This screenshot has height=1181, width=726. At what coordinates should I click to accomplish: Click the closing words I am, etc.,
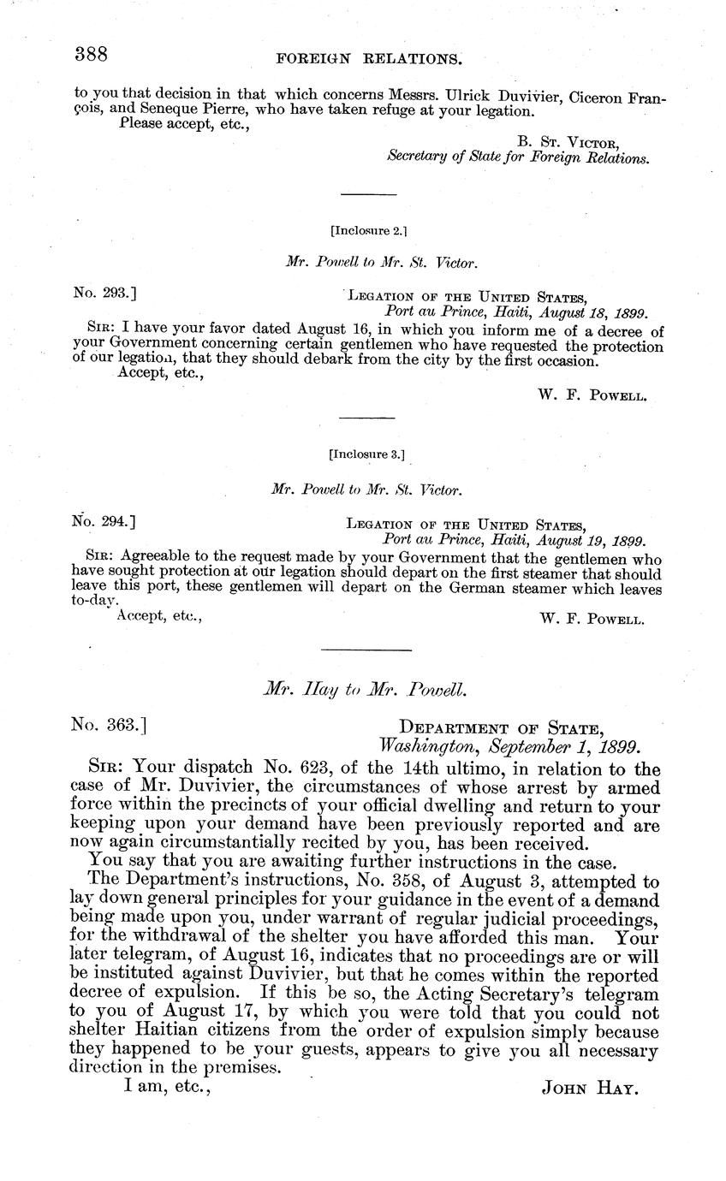coord(167,1087)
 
